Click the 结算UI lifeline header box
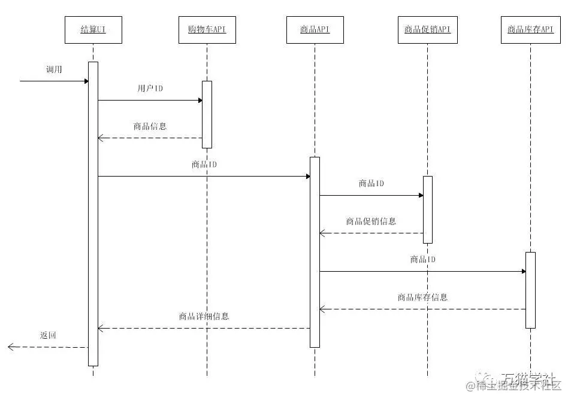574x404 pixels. [x=93, y=30]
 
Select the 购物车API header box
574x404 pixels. [x=207, y=30]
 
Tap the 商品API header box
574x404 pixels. [x=315, y=30]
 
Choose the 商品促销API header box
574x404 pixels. [x=427, y=30]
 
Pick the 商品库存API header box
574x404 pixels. [x=530, y=30]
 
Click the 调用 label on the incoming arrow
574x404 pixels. [x=54, y=69]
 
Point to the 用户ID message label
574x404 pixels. [x=150, y=89]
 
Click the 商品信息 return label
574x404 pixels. [x=150, y=126]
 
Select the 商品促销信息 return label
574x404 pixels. [x=371, y=221]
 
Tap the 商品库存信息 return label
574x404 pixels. [x=422, y=297]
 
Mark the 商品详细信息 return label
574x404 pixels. [x=204, y=316]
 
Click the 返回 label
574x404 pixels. [x=48, y=335]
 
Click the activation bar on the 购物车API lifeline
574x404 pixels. [x=207, y=114]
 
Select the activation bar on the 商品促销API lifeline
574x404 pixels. [x=427, y=209]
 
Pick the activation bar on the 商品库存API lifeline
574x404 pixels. [x=530, y=290]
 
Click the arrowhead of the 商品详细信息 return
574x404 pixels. [x=101, y=328]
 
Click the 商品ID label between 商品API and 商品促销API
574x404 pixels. [x=371, y=183]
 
